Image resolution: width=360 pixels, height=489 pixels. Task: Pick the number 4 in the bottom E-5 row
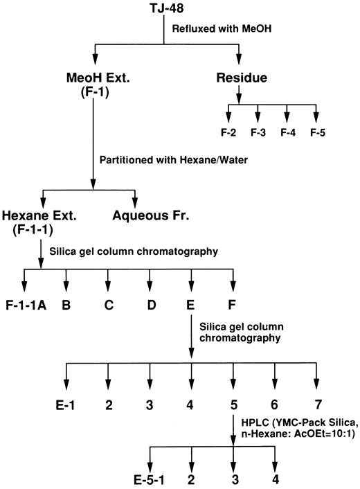coord(276,479)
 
